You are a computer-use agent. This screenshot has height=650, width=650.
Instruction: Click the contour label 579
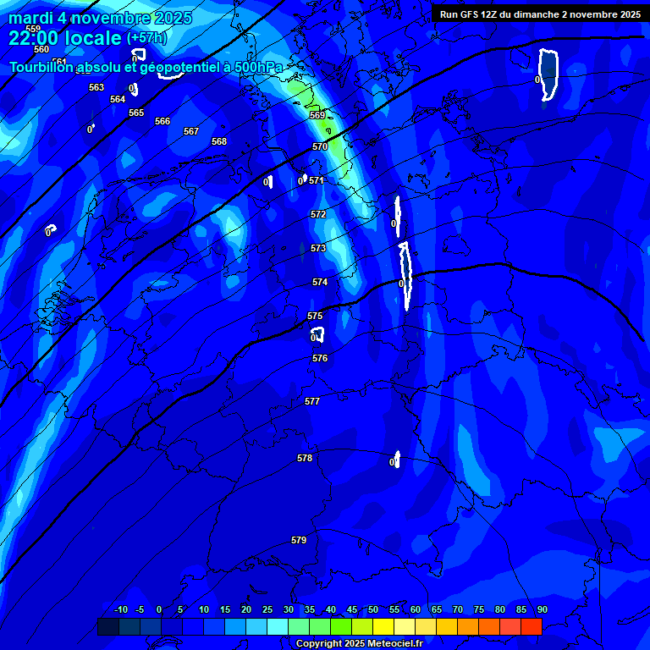pyautogui.click(x=299, y=540)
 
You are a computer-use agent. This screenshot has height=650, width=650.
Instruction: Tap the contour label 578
pyautogui.click(x=305, y=458)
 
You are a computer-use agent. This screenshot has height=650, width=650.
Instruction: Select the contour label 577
pyautogui.click(x=312, y=401)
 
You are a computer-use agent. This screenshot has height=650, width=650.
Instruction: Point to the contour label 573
pyautogui.click(x=318, y=248)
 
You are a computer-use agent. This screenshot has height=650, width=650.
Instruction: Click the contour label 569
pyautogui.click(x=317, y=115)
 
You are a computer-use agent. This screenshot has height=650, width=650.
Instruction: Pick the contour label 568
pyautogui.click(x=219, y=141)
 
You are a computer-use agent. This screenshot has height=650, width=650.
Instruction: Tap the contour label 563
pyautogui.click(x=96, y=87)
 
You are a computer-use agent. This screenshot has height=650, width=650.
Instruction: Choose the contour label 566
pyautogui.click(x=162, y=121)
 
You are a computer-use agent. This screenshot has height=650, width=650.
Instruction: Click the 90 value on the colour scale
pyautogui.click(x=542, y=609)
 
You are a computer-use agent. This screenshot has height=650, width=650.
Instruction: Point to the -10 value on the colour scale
pyautogui.click(x=120, y=609)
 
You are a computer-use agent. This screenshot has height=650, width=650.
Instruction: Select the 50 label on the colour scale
pyautogui.click(x=373, y=609)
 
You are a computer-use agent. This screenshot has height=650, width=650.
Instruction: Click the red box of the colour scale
pyautogui.click(x=532, y=626)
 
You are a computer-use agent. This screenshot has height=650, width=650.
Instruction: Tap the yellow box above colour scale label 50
pyautogui.click(x=383, y=626)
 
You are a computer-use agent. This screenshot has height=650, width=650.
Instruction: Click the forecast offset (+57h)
pyautogui.click(x=146, y=38)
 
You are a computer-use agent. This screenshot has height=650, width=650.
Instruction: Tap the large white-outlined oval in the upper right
pyautogui.click(x=549, y=74)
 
